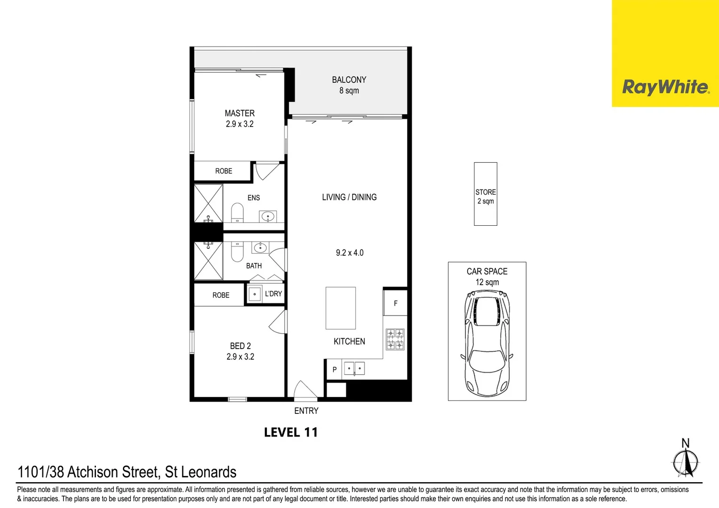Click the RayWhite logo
tap(665, 87)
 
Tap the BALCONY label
tap(349, 80)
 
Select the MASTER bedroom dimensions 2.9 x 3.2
tap(240, 124)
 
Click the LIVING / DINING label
tap(349, 197)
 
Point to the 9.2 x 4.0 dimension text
tap(350, 253)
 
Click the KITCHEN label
tap(349, 341)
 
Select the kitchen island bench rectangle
tap(341, 308)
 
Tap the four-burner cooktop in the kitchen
tap(395, 339)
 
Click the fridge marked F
tap(395, 303)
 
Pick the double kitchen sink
tap(354, 368)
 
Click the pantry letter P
tap(335, 370)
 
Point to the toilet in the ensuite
tap(237, 213)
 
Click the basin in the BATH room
tap(260, 247)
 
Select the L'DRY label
tap(273, 294)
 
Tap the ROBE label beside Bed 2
tap(221, 295)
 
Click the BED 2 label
tap(240, 346)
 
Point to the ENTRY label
tap(306, 411)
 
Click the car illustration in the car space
tap(487, 343)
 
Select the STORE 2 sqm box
tap(486, 194)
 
